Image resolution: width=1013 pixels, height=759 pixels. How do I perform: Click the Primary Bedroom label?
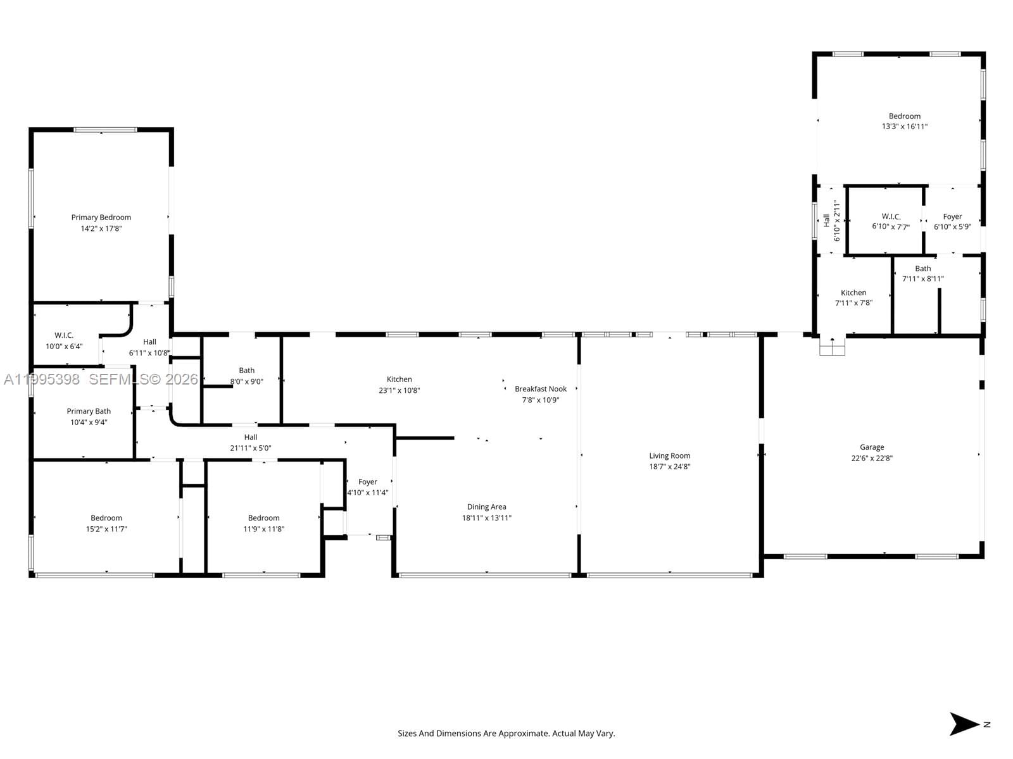[x=101, y=218]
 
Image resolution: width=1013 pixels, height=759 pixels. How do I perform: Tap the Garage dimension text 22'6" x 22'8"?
[x=872, y=459]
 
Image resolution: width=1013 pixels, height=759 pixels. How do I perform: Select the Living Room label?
[x=669, y=455]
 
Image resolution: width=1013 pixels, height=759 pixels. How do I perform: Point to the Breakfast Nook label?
[x=541, y=389]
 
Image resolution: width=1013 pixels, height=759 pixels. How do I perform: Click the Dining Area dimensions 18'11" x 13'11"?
[x=486, y=518]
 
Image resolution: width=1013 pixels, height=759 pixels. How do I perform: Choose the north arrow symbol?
[x=965, y=724]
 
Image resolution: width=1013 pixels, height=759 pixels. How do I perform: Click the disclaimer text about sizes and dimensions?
[x=506, y=734]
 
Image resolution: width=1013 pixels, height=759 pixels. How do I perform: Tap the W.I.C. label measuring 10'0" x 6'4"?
[x=64, y=335]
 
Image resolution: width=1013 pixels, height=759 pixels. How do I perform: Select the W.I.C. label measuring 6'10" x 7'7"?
[x=891, y=216]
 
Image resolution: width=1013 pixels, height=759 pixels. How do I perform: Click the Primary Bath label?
[x=89, y=411]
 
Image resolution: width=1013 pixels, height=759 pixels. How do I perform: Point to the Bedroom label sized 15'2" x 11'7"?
[x=106, y=518]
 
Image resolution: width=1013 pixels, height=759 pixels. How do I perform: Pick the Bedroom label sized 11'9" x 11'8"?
[x=263, y=518]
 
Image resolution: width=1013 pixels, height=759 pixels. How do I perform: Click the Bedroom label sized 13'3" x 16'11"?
[x=904, y=116]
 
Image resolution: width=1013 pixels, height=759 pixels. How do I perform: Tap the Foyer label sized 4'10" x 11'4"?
[x=367, y=482]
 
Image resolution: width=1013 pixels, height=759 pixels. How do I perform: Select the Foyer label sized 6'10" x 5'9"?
[x=952, y=216]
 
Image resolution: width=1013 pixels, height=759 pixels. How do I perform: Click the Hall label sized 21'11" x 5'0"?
[x=251, y=437]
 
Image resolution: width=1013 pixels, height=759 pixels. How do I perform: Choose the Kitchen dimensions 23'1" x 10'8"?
[x=399, y=391]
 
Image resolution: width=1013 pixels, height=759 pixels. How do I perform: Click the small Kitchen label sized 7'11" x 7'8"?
[x=853, y=293]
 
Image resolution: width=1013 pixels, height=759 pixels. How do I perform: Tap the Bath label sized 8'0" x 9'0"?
[x=246, y=371]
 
